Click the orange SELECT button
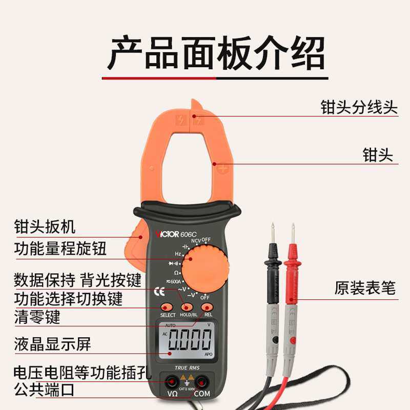tap(167, 307)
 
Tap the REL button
tap(208, 306)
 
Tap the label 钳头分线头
tap(359, 107)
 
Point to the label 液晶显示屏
tap(53, 344)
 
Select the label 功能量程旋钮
tap(60, 249)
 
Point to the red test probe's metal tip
tap(293, 233)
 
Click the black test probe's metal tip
tap(273, 233)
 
